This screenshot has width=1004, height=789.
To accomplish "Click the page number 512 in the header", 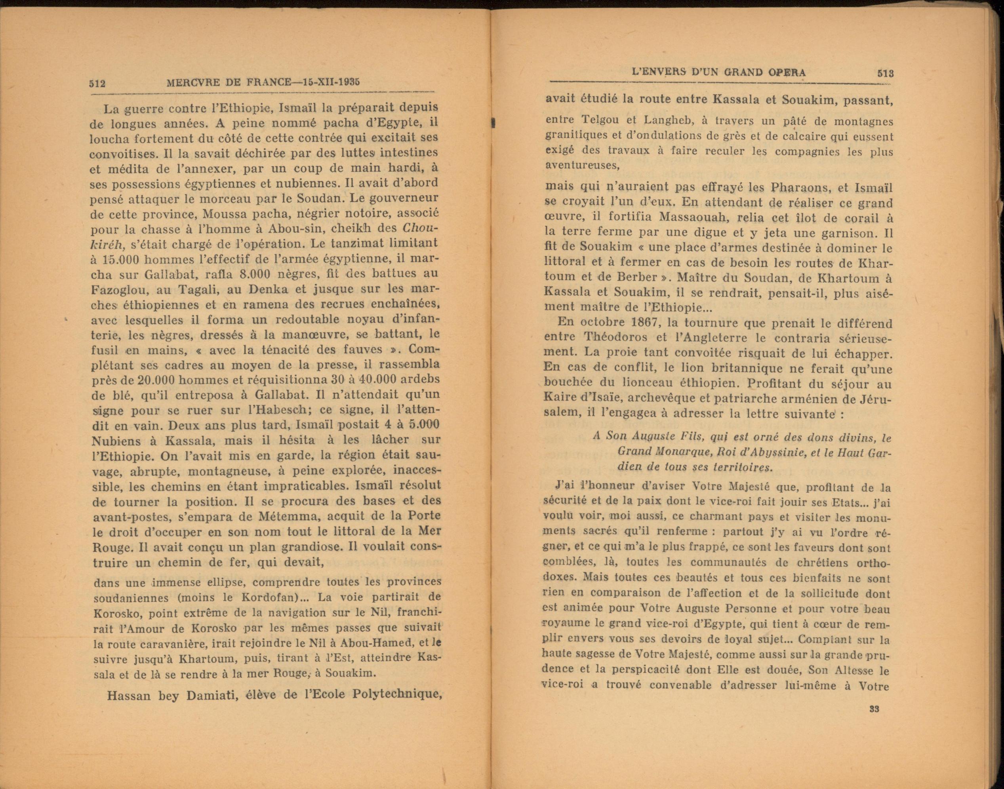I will coord(97,83).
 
